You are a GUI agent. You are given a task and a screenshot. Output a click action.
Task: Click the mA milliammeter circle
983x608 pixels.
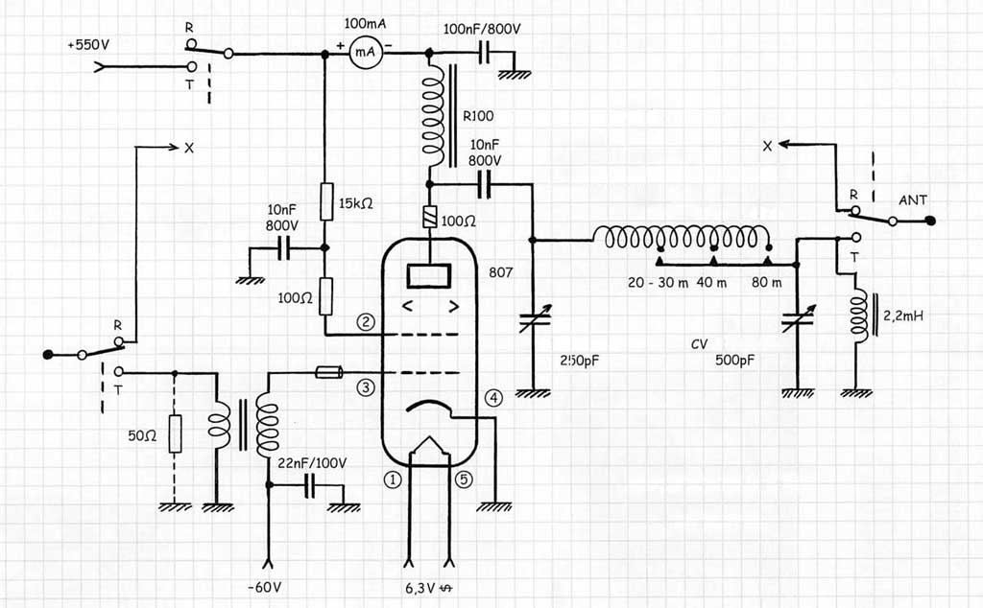tap(365, 52)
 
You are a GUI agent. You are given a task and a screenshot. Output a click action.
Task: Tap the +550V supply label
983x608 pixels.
tap(88, 45)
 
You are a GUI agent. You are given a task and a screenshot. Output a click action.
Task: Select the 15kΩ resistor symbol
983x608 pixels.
tap(326, 201)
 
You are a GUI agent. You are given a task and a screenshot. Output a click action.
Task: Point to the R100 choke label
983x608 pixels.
tap(478, 116)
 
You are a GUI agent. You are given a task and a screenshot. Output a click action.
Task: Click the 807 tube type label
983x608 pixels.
tap(501, 272)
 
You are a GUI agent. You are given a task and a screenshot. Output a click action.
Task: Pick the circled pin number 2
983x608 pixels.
tap(366, 322)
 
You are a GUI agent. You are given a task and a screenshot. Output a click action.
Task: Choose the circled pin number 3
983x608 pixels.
tap(366, 387)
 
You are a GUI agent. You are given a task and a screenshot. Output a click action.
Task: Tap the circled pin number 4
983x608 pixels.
tap(493, 398)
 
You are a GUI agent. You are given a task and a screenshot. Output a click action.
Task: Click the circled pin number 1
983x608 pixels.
tap(392, 480)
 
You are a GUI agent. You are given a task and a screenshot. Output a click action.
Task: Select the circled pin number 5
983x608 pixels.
tap(464, 479)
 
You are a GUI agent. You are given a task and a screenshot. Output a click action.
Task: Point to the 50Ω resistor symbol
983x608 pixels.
tap(176, 433)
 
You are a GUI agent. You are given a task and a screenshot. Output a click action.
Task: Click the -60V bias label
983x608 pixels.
tap(265, 587)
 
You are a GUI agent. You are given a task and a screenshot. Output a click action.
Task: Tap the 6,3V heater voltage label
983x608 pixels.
tap(420, 588)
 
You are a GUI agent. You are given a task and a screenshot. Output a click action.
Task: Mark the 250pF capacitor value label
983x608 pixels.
tap(581, 361)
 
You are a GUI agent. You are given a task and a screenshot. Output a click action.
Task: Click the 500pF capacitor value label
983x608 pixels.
tap(734, 360)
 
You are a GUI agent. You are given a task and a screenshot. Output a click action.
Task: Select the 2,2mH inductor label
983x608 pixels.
tap(903, 316)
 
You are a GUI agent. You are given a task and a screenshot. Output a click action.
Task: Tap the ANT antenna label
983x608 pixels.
tap(913, 200)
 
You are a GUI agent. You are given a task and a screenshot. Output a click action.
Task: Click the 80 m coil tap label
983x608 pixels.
tap(767, 282)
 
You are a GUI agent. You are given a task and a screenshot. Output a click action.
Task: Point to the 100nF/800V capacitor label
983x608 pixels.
tap(482, 29)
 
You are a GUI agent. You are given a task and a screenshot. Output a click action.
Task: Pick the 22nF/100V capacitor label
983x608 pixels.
tap(312, 463)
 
